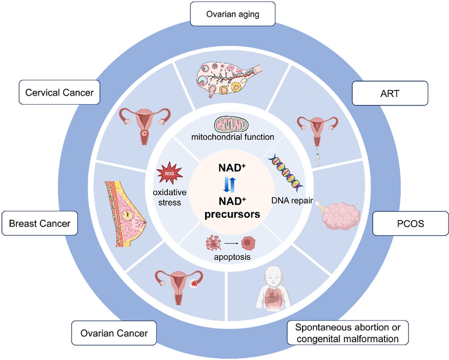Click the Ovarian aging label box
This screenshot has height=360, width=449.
(232, 14)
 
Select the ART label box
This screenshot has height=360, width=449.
(390, 93)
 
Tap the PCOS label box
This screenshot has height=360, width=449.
(410, 224)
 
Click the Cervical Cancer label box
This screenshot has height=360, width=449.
(59, 92)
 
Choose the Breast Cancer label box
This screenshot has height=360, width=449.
(40, 223)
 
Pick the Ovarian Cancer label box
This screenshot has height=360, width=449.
(114, 333)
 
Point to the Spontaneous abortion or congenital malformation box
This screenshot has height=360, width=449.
(347, 333)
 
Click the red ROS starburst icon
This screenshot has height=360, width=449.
(169, 173)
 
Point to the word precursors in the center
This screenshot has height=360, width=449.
(232, 214)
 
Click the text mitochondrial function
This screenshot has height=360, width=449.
(232, 137)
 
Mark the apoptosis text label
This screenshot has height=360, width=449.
(232, 257)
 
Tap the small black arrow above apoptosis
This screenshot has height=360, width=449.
(231, 243)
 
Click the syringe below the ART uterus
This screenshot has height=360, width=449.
(318, 157)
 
